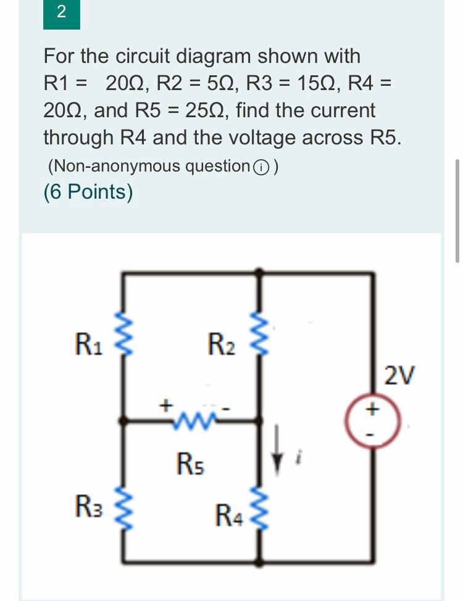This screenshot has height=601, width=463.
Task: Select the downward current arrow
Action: [279, 454]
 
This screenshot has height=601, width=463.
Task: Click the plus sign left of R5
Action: [165, 405]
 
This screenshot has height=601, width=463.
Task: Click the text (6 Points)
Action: [88, 192]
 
